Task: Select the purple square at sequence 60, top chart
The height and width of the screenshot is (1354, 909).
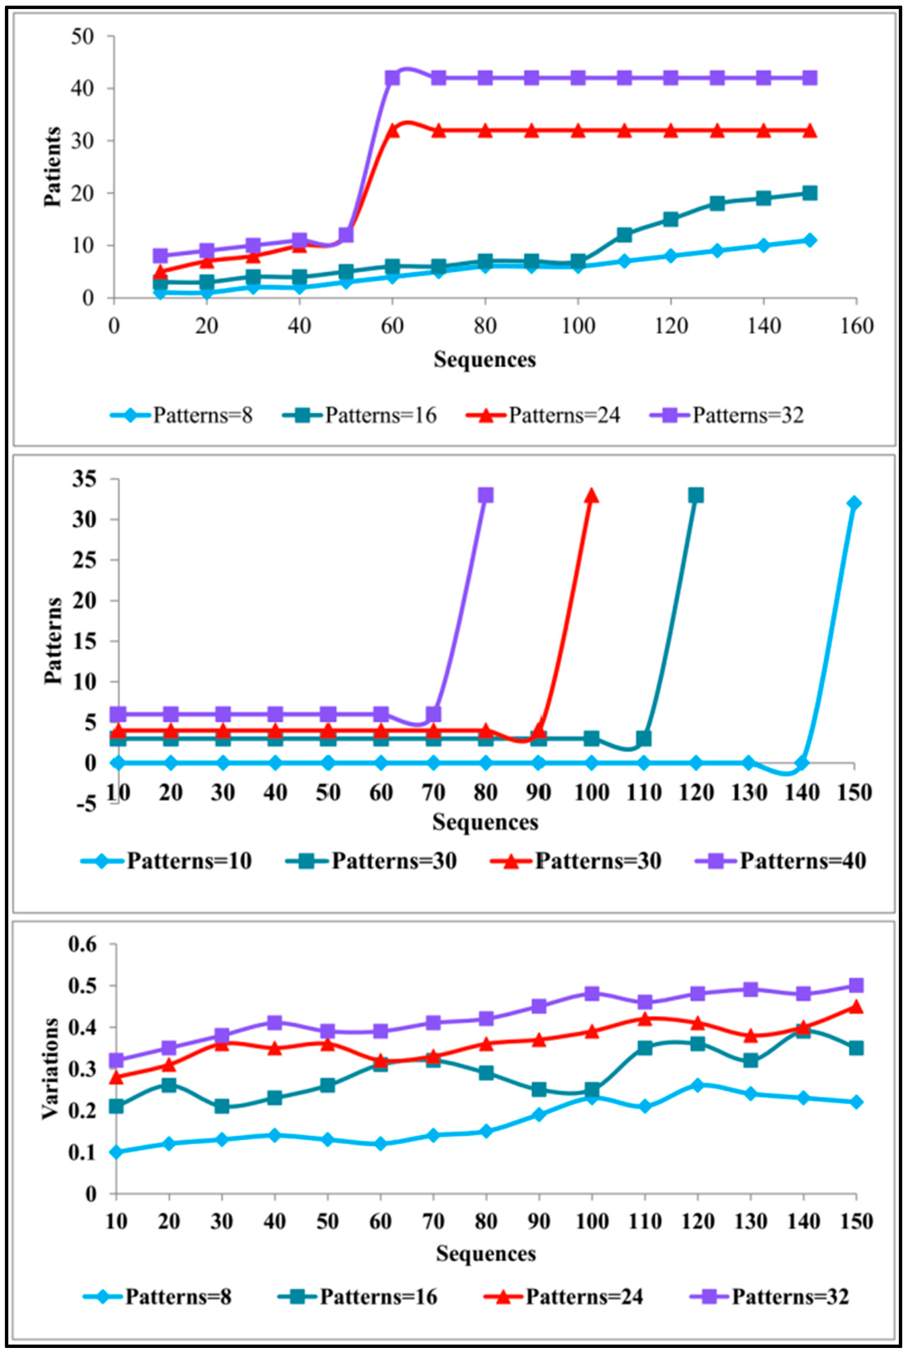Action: (x=392, y=78)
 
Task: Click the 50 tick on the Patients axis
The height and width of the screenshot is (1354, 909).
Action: (x=82, y=37)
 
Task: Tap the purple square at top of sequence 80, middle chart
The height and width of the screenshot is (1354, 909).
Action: (x=486, y=495)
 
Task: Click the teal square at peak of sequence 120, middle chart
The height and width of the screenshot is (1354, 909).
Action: (x=696, y=495)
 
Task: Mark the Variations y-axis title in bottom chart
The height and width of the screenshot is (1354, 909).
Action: (x=51, y=1068)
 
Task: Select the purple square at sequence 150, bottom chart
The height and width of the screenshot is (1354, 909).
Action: (x=856, y=985)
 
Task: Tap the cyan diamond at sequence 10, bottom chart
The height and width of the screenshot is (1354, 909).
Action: (x=116, y=1152)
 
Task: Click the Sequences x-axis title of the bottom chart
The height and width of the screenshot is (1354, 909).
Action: (x=486, y=1254)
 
